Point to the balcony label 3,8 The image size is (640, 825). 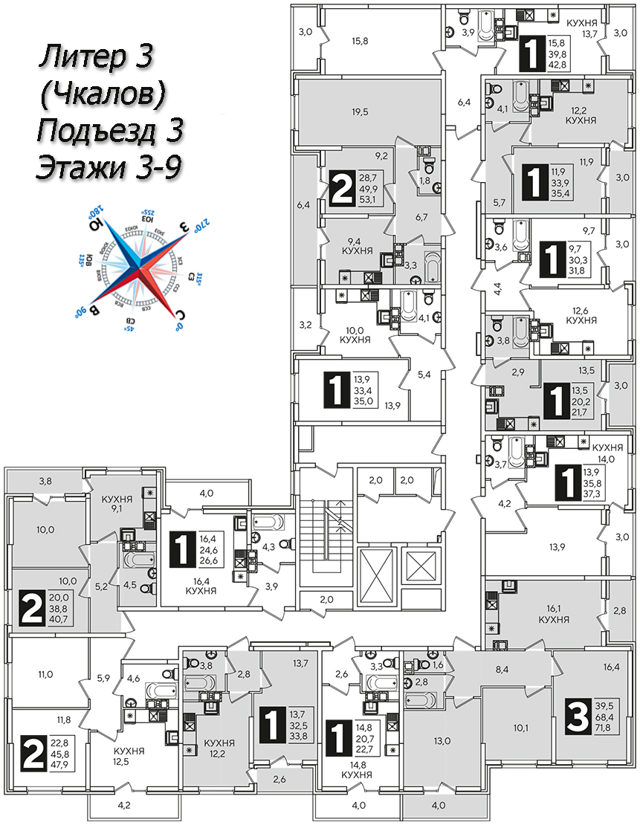[x=45, y=480]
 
